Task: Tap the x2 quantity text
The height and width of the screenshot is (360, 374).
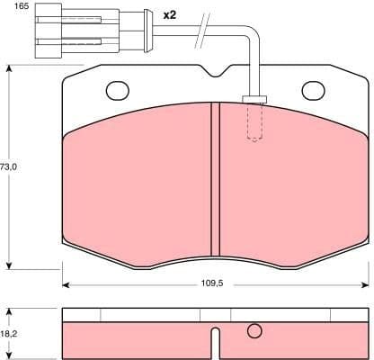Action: [171, 15]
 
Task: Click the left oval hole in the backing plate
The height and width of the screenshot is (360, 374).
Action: [119, 90]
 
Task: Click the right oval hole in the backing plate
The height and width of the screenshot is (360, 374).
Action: [314, 90]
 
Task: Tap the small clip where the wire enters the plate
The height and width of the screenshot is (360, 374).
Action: [254, 99]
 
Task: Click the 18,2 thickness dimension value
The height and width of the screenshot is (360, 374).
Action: [9, 333]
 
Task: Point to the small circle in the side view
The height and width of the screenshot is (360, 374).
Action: [254, 331]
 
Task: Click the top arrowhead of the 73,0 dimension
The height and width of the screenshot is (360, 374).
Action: [9, 68]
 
